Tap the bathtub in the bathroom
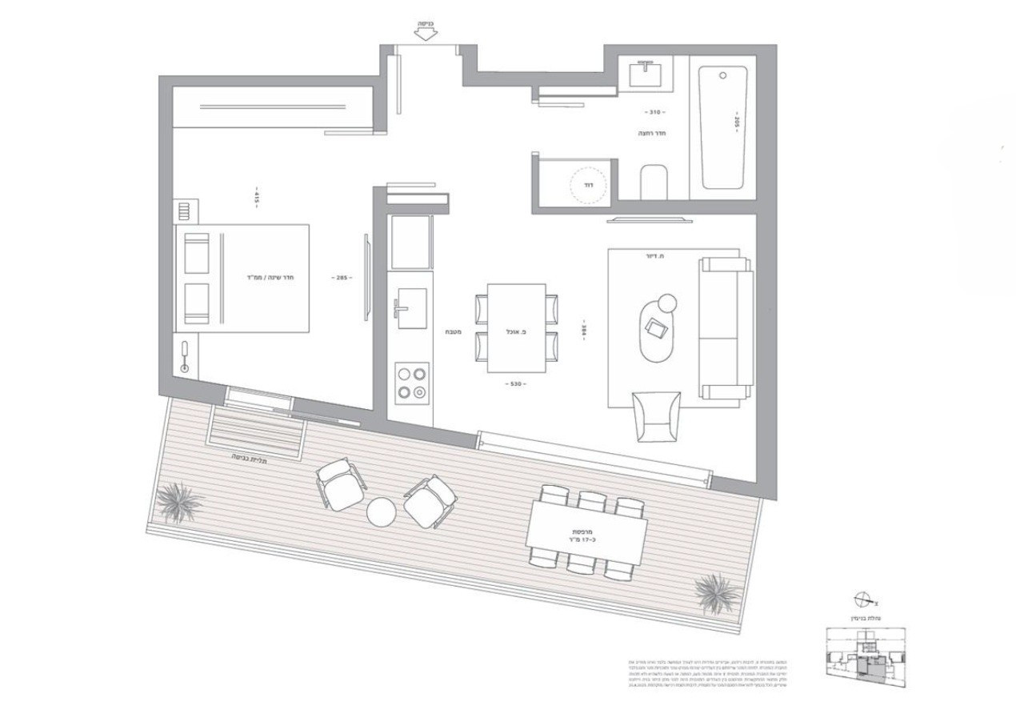[722, 127]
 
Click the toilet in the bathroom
[654, 182]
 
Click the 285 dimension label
[342, 278]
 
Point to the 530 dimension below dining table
[516, 384]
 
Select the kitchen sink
[411, 308]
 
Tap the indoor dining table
[517, 327]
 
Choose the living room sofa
[726, 327]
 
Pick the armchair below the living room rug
[657, 415]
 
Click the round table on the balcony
[382, 511]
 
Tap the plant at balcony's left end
[181, 502]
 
